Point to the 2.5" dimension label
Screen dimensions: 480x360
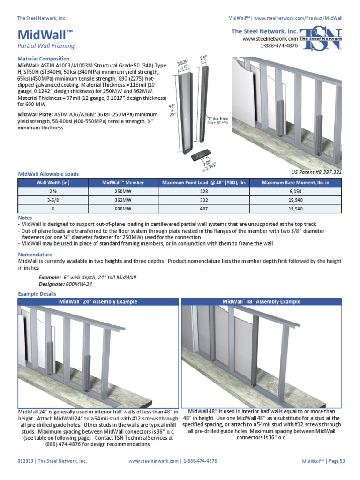(x=203, y=58)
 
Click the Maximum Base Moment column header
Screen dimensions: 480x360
(x=295, y=182)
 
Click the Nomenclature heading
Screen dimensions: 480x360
(x=35, y=255)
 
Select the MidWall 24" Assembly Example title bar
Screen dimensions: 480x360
(x=98, y=302)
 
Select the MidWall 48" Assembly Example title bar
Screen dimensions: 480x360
(x=262, y=302)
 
